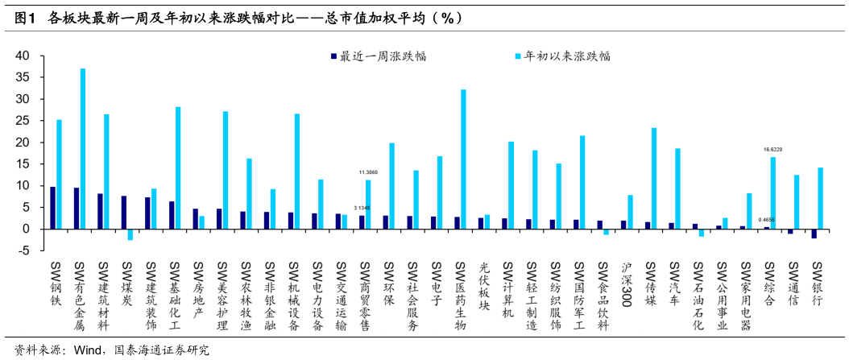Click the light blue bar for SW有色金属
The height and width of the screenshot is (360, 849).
pos(83,148)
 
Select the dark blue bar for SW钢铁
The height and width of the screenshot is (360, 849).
pos(53,208)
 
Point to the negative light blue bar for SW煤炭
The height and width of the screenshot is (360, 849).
pos(130,234)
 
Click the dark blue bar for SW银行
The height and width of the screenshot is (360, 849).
pos(814,234)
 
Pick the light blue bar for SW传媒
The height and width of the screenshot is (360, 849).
pos(654,178)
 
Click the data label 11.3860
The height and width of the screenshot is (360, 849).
pos(368,172)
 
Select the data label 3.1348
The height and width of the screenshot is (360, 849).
pos(362,208)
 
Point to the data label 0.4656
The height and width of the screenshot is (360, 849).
pos(766,220)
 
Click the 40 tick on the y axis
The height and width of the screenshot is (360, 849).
pos(22,56)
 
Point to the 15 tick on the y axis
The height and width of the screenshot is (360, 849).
pos(22,164)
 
